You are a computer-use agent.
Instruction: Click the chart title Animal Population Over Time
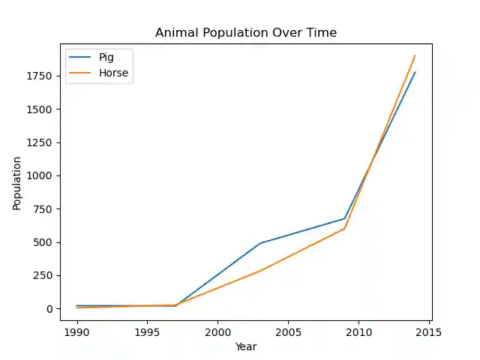pos(246,33)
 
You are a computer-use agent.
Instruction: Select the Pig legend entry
pos(106,58)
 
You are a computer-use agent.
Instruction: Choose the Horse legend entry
pos(113,73)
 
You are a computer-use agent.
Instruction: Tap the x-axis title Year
pos(246,346)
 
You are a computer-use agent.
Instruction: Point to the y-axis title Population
pos(16,183)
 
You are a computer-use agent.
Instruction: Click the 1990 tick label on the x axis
pos(76,331)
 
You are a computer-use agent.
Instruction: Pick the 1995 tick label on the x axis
pos(147,331)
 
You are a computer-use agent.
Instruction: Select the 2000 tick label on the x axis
pos(217,331)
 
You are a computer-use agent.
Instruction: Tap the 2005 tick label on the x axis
pos(288,331)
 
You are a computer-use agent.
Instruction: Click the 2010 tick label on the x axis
pos(358,331)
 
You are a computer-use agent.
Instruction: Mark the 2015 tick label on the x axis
pos(429,331)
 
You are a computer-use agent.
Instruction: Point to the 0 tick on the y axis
pos(49,309)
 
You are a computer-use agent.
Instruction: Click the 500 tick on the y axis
pos(43,242)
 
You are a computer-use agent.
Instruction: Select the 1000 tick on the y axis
pos(40,175)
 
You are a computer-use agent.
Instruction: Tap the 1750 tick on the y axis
pos(40,76)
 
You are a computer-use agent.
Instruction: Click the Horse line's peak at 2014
pos(415,55)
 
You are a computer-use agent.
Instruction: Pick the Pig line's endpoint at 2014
pos(415,72)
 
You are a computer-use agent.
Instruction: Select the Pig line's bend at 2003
pos(259,244)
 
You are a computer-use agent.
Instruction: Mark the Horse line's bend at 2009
pos(344,229)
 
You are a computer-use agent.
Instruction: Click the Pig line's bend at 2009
pos(344,219)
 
